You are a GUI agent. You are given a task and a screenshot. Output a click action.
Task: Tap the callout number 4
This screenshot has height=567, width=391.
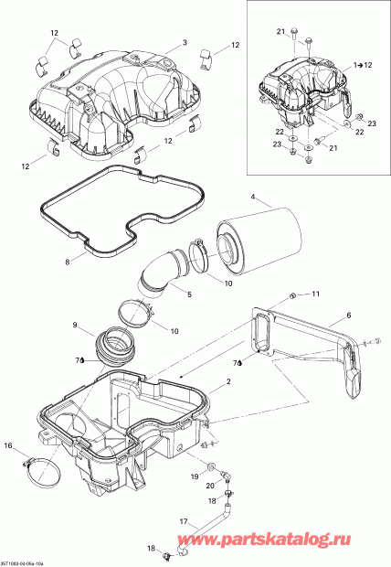255,195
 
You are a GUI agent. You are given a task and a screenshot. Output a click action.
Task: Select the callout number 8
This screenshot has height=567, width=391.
67,262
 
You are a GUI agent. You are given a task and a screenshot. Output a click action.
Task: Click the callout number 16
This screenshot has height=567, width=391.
9,445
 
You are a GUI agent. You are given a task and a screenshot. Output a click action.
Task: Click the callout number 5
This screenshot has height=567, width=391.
189,295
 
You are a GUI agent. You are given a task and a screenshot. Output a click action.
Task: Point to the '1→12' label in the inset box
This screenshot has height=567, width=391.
364,66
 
